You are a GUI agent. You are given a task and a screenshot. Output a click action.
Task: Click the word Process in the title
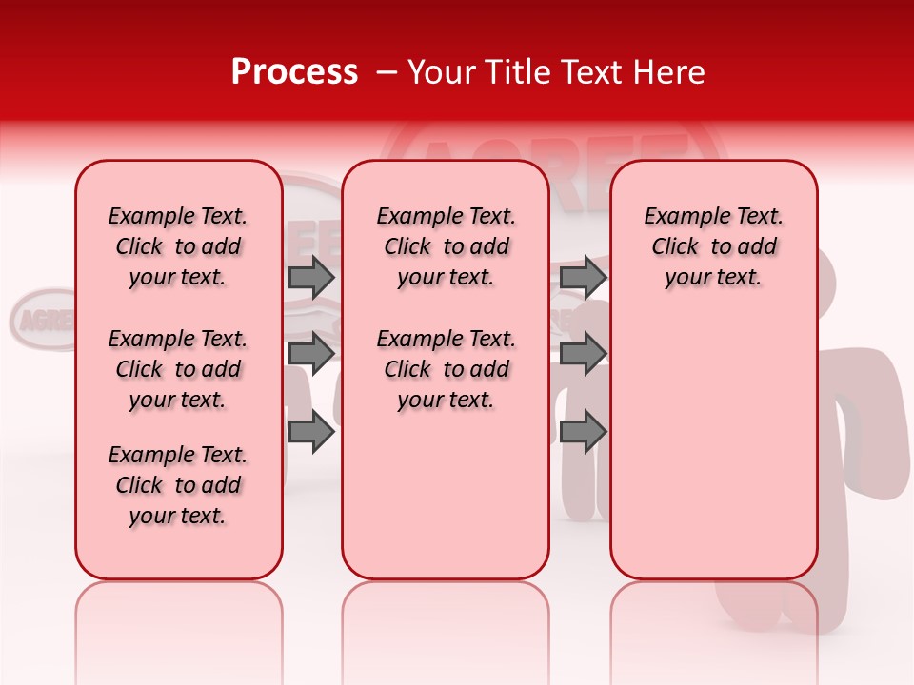coord(293,72)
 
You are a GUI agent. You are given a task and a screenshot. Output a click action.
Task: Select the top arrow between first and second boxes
coord(310,278)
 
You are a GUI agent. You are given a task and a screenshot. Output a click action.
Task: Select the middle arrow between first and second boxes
coord(310,354)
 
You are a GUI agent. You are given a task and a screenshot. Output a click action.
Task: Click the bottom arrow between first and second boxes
coord(310,432)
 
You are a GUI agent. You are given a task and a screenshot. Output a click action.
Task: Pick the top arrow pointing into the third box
coord(583,278)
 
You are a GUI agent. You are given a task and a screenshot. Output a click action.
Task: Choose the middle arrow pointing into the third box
coord(583,354)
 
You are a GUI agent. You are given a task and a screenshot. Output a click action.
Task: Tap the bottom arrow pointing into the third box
coord(583,432)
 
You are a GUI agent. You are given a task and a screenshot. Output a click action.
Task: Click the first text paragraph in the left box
coord(178,246)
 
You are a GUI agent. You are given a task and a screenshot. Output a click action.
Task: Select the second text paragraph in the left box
coord(178,369)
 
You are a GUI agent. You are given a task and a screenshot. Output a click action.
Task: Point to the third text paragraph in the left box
coord(178,485)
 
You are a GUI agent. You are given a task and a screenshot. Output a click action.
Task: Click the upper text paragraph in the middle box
coord(446,246)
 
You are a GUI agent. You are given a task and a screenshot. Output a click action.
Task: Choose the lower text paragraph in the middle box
coord(446,369)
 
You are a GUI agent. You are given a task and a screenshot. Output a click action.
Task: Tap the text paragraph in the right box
coord(713,246)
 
